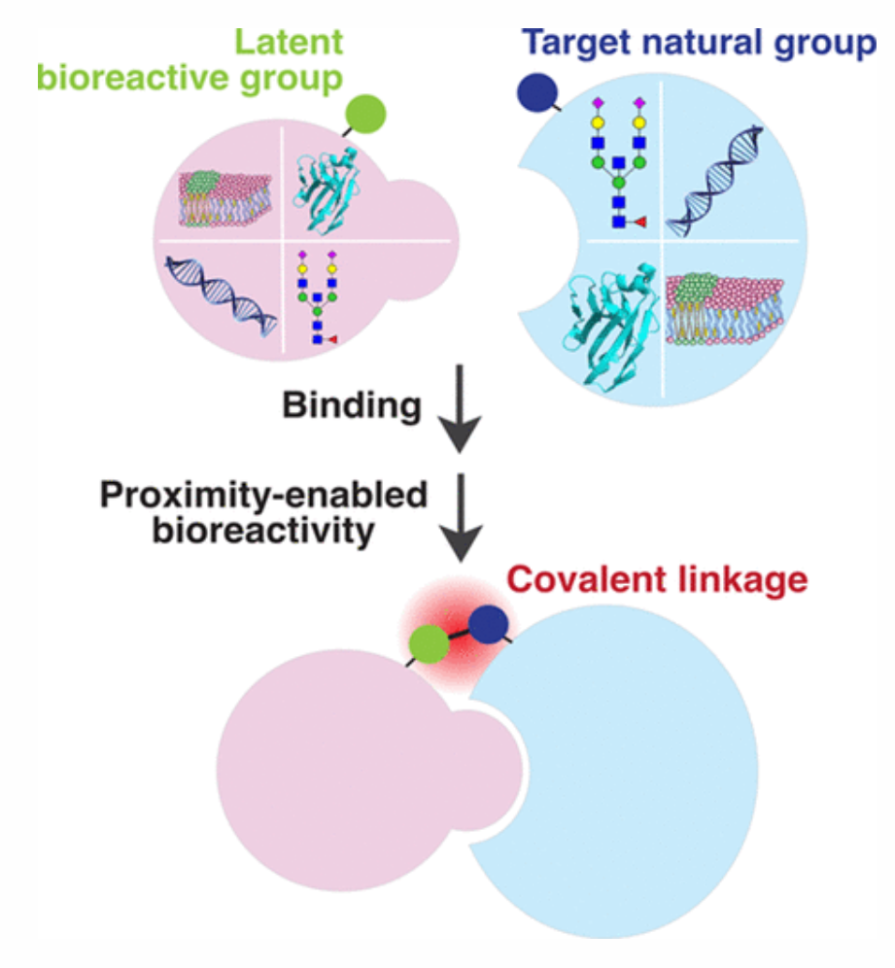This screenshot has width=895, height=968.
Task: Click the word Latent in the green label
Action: click(x=289, y=43)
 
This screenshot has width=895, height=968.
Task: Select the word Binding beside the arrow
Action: click(x=352, y=407)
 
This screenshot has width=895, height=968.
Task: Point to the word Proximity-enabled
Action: click(x=263, y=495)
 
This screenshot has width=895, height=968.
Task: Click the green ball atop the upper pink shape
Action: click(x=366, y=115)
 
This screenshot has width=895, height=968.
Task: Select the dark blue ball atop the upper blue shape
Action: click(x=537, y=92)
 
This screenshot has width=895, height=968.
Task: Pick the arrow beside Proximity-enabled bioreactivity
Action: click(x=461, y=517)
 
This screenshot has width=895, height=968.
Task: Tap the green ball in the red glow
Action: click(x=429, y=644)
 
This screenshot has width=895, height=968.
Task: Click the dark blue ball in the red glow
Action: click(x=488, y=625)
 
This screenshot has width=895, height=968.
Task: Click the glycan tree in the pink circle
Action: click(x=317, y=297)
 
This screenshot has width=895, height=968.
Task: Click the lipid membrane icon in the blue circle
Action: click(x=725, y=309)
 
